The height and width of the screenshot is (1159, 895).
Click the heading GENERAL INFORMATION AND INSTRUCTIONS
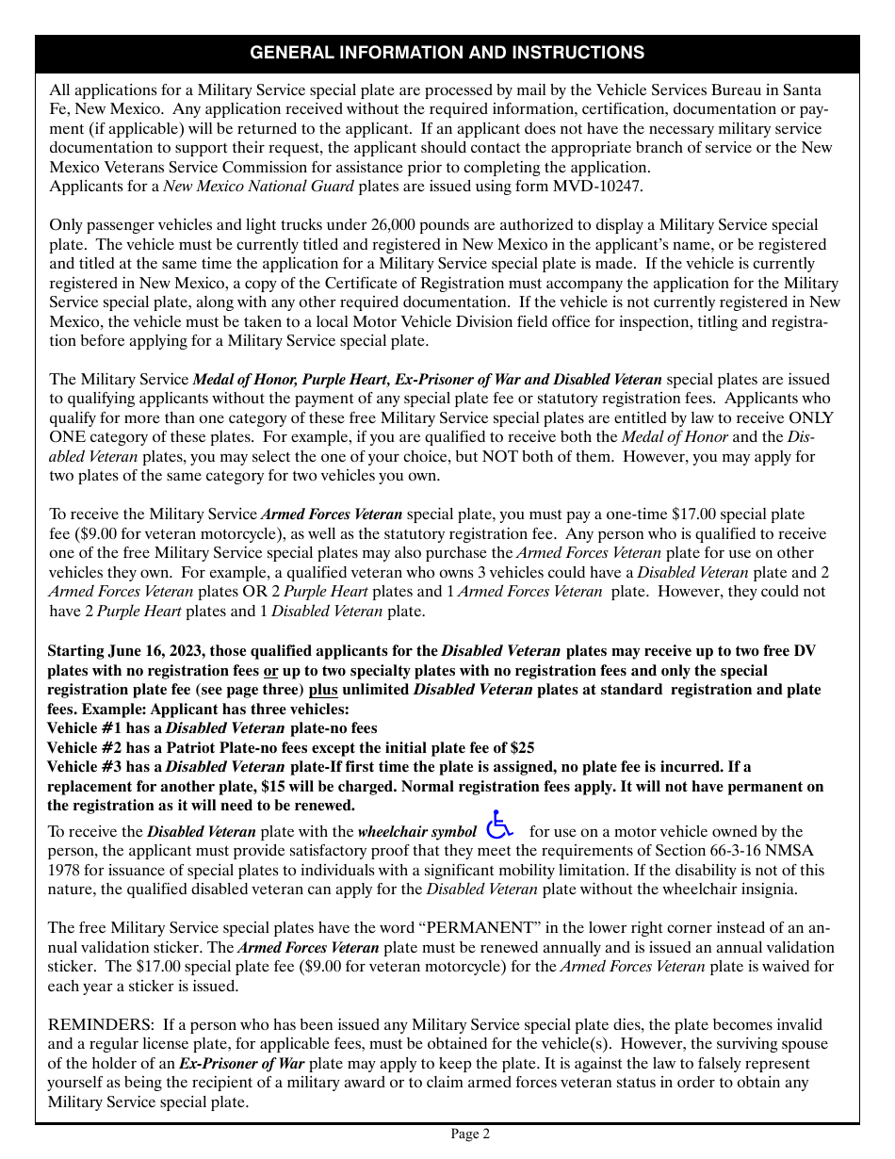447,54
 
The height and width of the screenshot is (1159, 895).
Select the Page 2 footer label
470,1135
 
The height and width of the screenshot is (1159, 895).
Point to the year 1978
69,871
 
